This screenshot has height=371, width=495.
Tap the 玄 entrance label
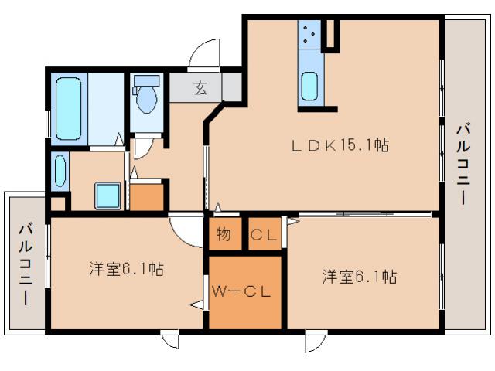pos(200,88)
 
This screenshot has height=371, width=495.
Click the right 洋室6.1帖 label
pos(360,276)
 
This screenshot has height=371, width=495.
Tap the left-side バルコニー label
pos(26,262)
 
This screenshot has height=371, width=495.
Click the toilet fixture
pos(146,96)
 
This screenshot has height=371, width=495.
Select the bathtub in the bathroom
pos(69,108)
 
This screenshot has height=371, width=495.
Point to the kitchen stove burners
pos(309,36)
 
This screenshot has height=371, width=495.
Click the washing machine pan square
pos(108,195)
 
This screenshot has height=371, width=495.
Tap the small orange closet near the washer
pos(147,196)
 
